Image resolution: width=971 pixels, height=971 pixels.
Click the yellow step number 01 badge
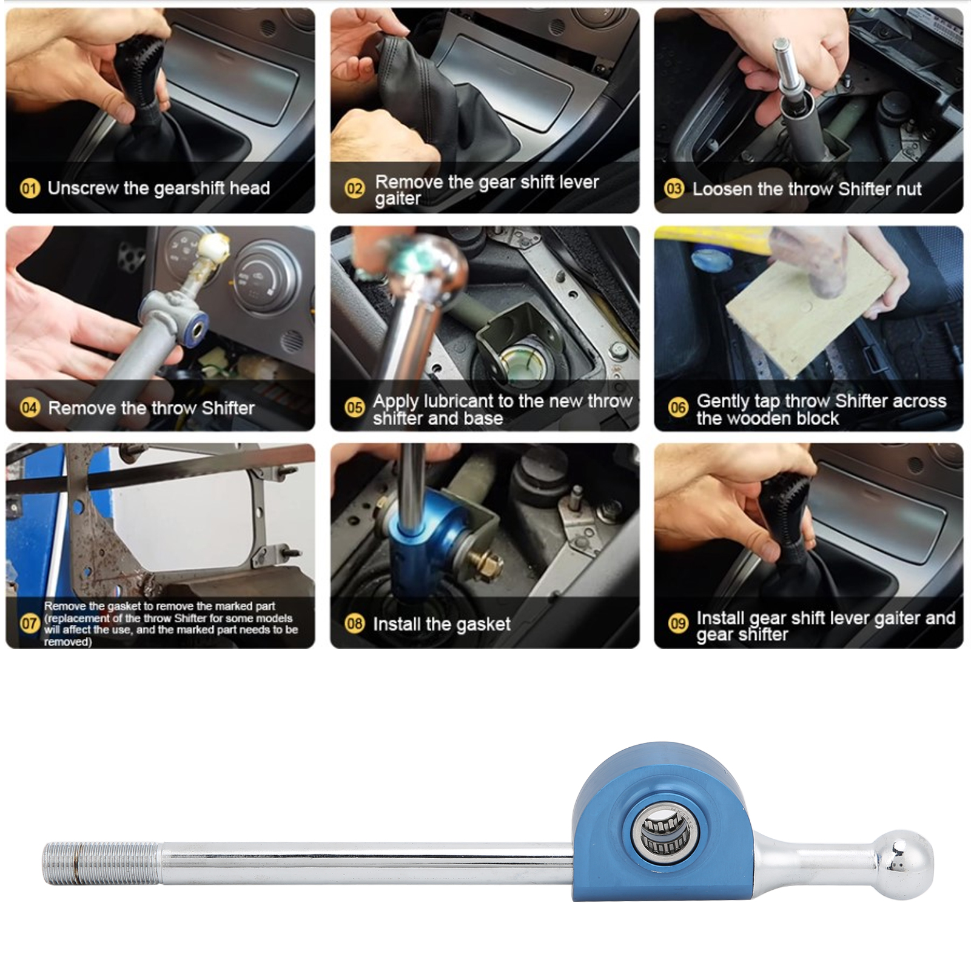pos(29,188)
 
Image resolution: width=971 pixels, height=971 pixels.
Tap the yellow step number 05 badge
pos(354,408)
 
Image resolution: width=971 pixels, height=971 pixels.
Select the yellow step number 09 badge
pos(678,623)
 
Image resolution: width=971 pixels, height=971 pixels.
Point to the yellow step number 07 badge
pos(29,623)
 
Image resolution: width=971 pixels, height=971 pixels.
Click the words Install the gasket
pos(442,624)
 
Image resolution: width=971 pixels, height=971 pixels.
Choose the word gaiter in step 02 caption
pos(397,199)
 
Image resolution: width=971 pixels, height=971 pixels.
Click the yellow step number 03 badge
pos(674,189)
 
